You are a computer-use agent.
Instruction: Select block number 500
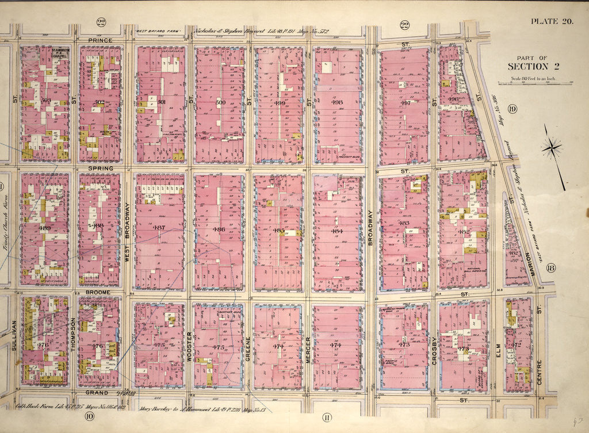[x=219, y=103]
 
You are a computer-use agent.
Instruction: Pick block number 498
[x=337, y=103]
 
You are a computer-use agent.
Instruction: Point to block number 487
[x=159, y=228]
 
